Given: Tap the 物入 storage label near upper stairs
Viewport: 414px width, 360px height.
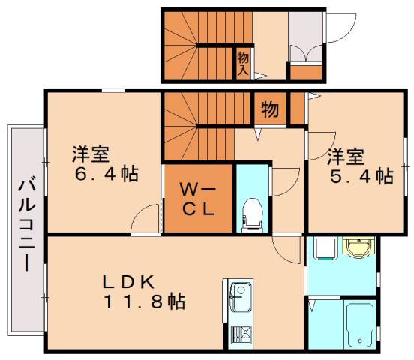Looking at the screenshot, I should pyautogui.click(x=242, y=62).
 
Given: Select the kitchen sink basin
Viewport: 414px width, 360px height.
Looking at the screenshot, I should pyautogui.click(x=240, y=297).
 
